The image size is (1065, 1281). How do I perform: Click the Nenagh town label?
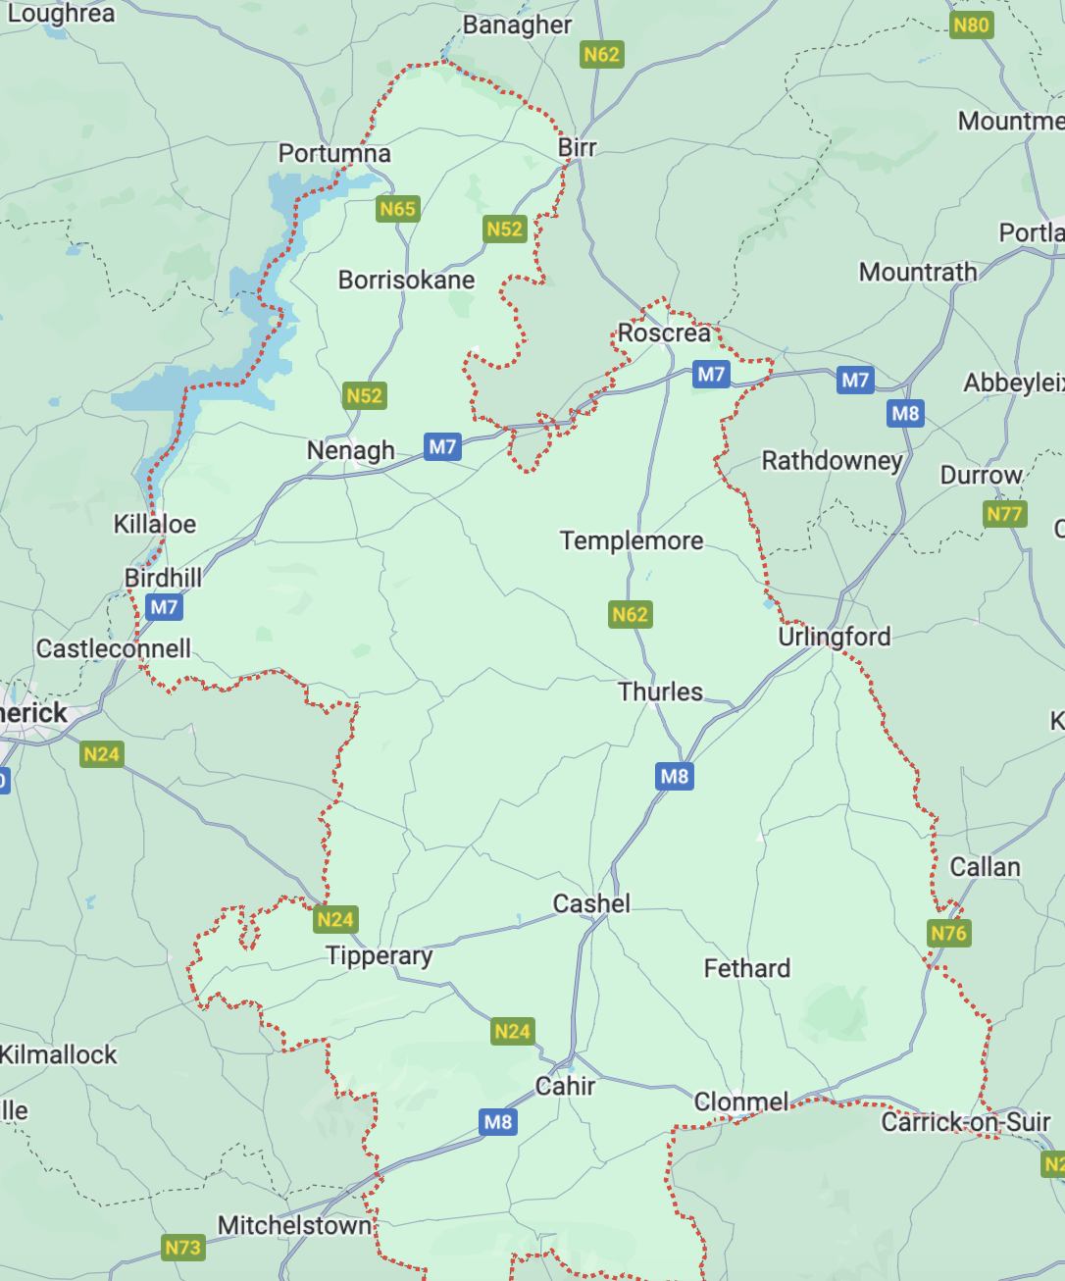point(350,451)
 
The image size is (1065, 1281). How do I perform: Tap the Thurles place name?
point(660,692)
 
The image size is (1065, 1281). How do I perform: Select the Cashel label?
point(591,903)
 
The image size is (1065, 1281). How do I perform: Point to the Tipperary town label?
point(379,956)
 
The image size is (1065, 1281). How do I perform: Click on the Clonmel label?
point(740,1102)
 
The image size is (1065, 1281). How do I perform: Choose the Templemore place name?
point(632,540)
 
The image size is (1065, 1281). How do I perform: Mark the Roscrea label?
point(664,333)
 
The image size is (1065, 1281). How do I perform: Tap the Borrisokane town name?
point(406,281)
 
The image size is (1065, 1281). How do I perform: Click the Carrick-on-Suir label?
point(965,1122)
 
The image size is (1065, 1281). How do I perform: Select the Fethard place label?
point(746,969)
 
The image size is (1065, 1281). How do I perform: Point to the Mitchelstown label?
point(294,1226)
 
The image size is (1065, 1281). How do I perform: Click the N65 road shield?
point(397,209)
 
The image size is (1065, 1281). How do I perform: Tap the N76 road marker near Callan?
point(948,933)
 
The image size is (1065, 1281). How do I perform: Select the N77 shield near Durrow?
point(1004,514)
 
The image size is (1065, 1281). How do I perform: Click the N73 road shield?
point(182,1248)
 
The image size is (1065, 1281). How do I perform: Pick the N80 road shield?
point(971,25)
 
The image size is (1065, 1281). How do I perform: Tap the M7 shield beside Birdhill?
point(164,607)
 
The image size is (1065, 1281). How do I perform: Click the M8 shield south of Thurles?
point(674,777)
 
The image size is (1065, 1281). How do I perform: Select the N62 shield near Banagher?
point(601,54)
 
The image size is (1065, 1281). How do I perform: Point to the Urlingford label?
point(834,637)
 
